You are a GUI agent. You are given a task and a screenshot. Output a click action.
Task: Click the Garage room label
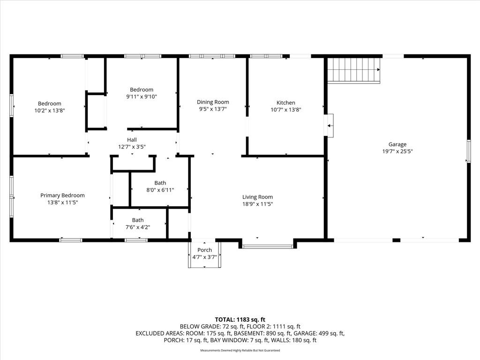tap(397, 144)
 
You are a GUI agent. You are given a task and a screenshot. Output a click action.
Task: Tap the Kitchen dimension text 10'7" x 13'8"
tap(286, 110)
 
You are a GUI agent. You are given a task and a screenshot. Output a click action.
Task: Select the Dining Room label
tap(213, 102)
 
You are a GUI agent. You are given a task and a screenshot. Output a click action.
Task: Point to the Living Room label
tap(257, 197)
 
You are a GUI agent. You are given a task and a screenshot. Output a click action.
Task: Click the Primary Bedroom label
tap(62, 195)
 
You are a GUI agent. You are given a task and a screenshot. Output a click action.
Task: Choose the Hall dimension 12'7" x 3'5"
tap(132, 147)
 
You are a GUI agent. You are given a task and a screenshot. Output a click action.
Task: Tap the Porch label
tap(204, 250)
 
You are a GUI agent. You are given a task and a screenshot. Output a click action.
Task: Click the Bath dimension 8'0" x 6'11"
tap(160, 190)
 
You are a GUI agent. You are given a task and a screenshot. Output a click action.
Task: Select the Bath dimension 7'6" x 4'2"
tap(138, 227)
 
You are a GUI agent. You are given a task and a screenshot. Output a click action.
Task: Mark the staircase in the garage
tap(354, 70)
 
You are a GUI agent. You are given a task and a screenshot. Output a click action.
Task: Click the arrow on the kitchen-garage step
tap(330, 126)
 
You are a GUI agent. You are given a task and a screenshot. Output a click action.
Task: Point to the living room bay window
tap(268, 246)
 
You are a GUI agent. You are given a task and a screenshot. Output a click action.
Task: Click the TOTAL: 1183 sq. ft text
tap(240, 320)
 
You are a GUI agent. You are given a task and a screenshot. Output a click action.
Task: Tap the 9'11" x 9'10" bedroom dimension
tap(142, 97)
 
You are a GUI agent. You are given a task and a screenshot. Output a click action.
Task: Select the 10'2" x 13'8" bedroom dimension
tap(50, 111)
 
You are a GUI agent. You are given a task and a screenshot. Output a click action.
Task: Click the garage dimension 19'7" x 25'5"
tap(397, 151)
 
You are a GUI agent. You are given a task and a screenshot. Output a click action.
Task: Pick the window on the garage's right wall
tap(468, 151)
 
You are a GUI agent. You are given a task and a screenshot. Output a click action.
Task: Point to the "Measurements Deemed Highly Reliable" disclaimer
tap(240, 350)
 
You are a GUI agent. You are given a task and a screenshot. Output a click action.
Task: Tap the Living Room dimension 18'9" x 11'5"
tap(257, 204)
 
